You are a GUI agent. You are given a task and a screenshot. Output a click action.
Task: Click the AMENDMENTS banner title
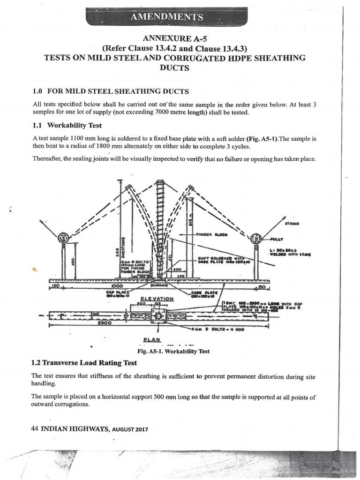pos(167,17)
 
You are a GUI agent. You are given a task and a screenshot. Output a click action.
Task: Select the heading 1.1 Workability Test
pos(67,126)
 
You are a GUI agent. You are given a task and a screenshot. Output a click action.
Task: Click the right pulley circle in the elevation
pos(256,238)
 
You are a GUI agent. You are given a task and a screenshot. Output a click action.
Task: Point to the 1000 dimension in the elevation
pos(117,285)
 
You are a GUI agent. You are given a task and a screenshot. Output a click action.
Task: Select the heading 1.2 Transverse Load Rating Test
pos(84,362)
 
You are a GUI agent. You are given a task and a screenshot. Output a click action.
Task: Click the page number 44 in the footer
pos(34,427)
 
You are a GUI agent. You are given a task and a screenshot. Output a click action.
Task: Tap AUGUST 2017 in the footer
pos(130,428)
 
